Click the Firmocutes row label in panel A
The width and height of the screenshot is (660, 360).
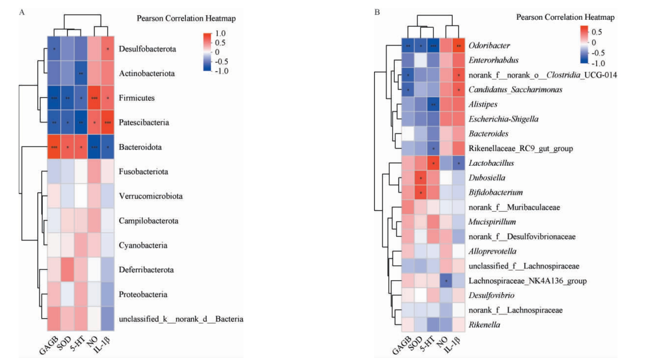136,98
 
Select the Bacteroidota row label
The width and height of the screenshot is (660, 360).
140,147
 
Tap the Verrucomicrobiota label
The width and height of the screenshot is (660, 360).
151,196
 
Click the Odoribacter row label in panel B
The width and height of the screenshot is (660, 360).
489,45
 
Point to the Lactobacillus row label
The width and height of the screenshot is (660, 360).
491,163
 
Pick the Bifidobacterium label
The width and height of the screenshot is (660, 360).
495,192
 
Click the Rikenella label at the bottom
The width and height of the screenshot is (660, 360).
484,325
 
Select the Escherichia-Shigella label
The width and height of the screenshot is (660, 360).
503,119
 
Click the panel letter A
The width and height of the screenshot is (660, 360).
22,12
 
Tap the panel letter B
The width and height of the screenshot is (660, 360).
377,12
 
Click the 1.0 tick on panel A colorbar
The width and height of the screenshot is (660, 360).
220,34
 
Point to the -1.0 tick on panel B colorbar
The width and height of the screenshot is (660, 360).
598,63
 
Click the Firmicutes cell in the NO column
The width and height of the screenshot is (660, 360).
94,98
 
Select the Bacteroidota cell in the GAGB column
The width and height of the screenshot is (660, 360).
54,147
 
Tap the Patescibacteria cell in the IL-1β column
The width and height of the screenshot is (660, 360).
108,123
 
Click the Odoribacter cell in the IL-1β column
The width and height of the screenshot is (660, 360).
459,46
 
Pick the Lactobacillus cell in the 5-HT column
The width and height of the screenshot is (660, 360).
433,163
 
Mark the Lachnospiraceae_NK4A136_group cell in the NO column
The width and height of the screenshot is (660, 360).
446,281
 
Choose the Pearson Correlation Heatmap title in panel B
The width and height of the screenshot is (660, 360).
565,17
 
